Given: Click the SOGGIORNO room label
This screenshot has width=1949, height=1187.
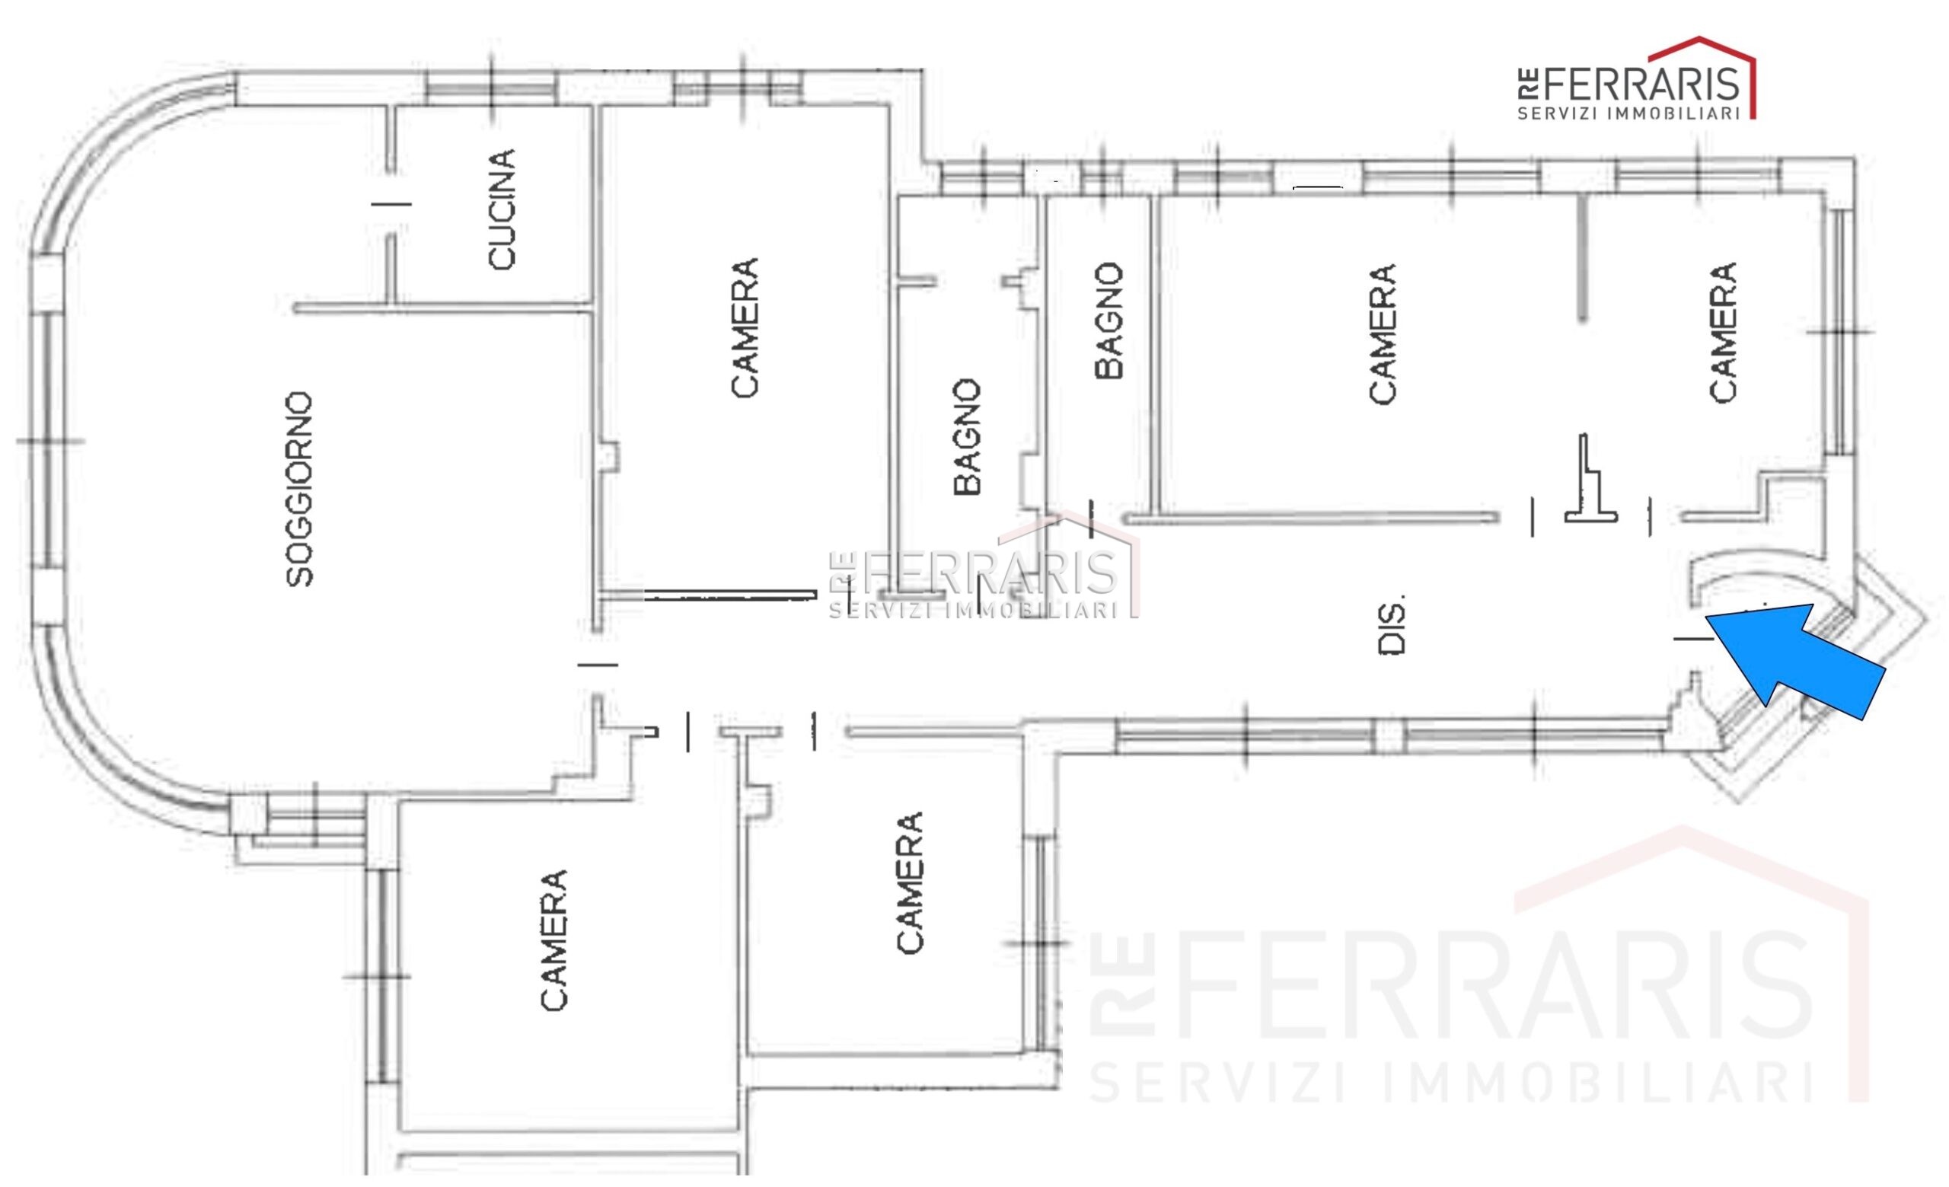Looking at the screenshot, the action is (300, 490).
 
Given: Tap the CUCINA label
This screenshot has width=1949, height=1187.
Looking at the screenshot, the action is (502, 209).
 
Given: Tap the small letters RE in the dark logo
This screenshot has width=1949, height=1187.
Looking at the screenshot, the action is (1526, 84).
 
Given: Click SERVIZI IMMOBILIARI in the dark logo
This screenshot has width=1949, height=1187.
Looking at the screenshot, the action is (1628, 113).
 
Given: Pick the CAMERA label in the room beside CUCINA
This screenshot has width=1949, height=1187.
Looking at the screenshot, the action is (745, 327).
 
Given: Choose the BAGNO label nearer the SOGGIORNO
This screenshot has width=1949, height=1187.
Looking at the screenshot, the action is (968, 437).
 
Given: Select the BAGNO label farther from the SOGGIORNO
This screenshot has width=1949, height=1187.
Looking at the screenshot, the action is (1108, 321).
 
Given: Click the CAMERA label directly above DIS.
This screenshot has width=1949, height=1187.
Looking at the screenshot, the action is (1382, 333).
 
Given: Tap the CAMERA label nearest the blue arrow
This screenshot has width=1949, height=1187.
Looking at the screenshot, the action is (1722, 332).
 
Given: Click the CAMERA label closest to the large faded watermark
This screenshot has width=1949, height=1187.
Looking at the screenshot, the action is (909, 882).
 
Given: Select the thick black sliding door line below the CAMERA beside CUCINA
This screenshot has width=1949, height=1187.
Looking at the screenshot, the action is (730, 594).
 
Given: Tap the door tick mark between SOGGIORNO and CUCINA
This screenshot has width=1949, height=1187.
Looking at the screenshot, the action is (391, 204).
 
